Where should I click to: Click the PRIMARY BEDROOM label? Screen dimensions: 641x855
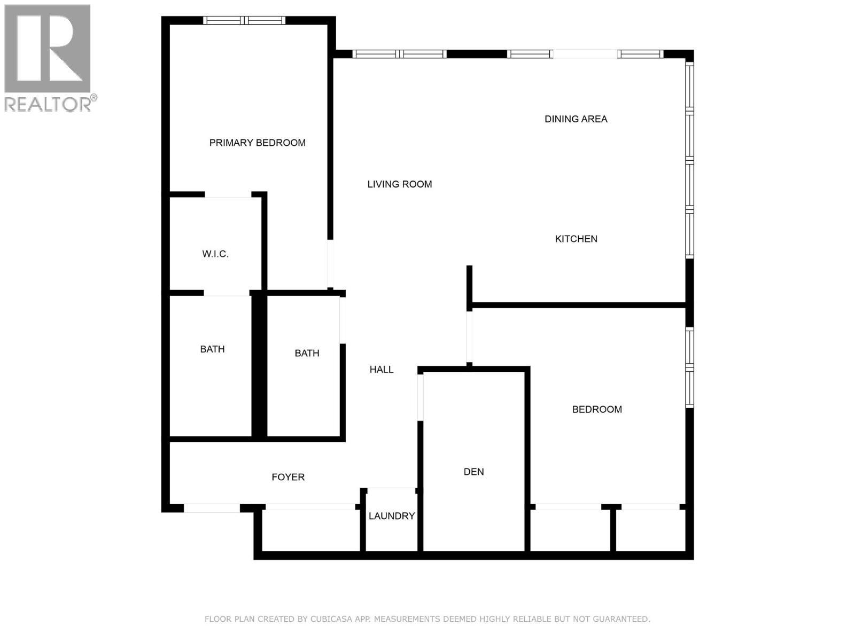(257, 143)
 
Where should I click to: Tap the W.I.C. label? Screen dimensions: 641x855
(215, 254)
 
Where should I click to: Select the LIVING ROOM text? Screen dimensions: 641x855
(399, 184)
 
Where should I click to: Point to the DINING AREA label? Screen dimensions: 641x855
(576, 119)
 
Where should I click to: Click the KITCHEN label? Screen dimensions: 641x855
(576, 239)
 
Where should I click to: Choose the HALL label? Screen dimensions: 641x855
(382, 369)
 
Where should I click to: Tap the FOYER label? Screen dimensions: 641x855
(288, 477)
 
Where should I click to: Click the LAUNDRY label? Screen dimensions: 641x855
(392, 516)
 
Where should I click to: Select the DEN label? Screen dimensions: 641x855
(473, 472)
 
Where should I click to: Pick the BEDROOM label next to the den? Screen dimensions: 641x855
(597, 409)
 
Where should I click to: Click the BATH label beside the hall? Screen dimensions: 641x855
(307, 353)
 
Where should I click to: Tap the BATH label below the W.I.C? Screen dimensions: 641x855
(212, 349)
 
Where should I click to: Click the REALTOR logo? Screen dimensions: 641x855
(48, 56)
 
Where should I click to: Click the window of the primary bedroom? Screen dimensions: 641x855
(244, 21)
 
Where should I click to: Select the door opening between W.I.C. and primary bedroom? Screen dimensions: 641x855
(228, 195)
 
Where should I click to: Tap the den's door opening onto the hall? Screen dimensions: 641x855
(421, 397)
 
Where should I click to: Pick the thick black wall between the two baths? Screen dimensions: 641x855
(259, 366)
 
